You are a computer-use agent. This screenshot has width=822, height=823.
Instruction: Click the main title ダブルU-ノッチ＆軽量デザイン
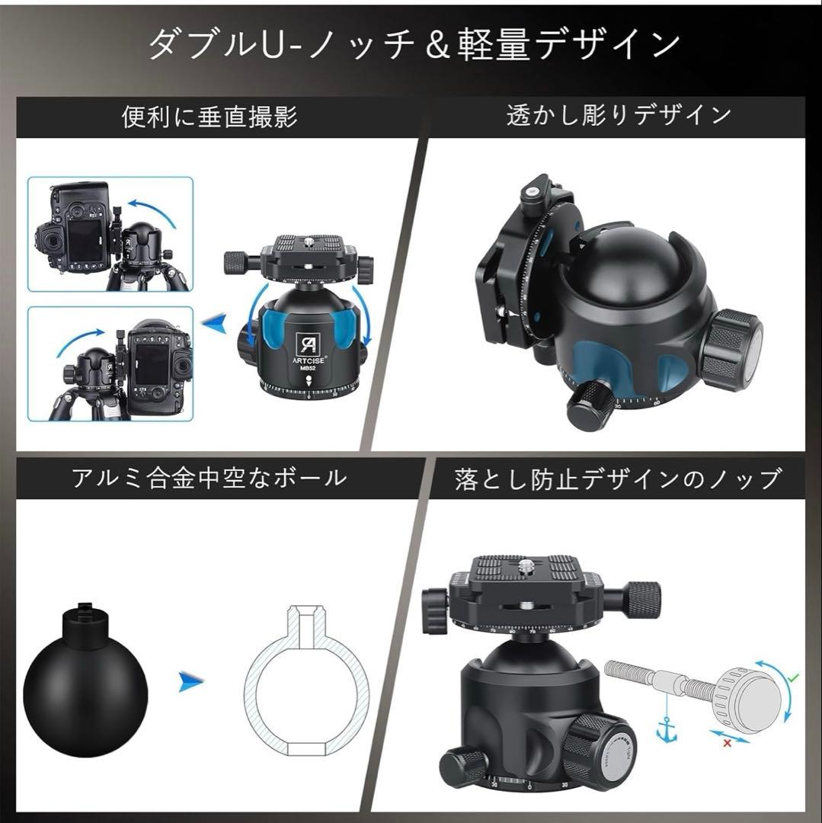(x=411, y=44)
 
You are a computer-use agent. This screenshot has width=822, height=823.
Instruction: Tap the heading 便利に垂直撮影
(x=209, y=117)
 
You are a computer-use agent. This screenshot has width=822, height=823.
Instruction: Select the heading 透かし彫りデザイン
(x=619, y=115)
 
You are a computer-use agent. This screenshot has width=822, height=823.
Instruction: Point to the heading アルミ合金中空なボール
(x=209, y=478)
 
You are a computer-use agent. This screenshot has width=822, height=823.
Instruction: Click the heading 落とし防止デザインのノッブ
(x=618, y=479)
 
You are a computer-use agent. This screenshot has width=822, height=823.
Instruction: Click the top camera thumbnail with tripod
(x=110, y=234)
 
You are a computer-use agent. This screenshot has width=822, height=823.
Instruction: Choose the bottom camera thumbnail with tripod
(x=110, y=363)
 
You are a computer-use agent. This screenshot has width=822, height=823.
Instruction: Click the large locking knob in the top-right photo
(x=731, y=350)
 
